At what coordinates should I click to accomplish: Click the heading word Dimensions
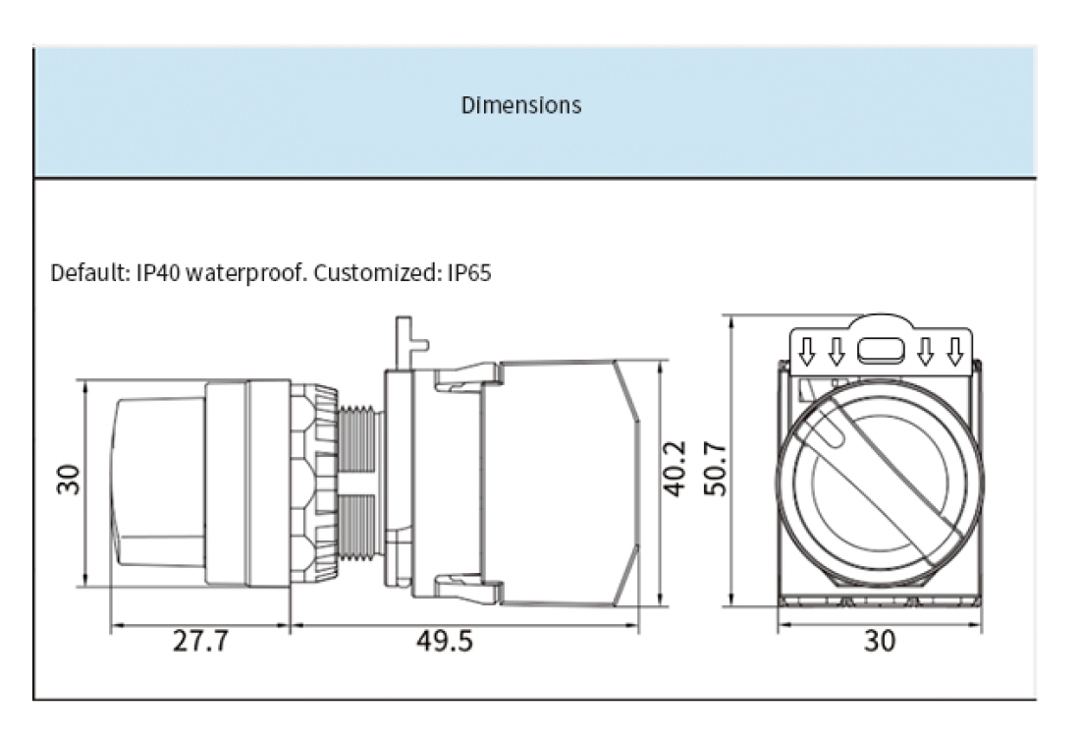[x=520, y=105]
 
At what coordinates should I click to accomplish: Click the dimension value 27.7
[x=200, y=642]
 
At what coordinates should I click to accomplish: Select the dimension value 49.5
[x=444, y=642]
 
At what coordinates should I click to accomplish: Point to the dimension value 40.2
[x=675, y=469]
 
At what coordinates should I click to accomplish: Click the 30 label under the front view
[x=880, y=642]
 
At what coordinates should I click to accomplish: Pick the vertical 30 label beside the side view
[x=69, y=480]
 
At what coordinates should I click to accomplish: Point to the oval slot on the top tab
[x=880, y=349]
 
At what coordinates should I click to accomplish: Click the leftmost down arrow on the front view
[x=807, y=350]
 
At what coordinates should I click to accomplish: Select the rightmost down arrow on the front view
[x=953, y=350]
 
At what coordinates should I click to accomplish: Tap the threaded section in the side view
[x=359, y=482]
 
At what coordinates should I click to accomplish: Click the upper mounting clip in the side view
[x=467, y=377]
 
